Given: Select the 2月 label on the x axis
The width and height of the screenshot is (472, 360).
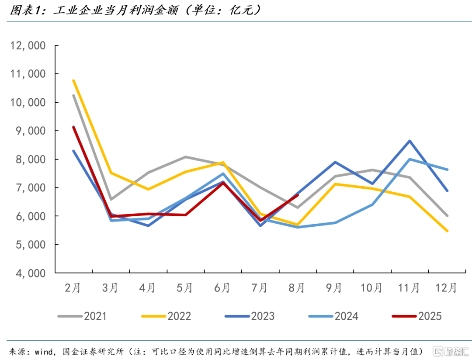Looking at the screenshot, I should [x=73, y=288].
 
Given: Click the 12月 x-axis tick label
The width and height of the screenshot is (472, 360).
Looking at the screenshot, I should [x=446, y=288].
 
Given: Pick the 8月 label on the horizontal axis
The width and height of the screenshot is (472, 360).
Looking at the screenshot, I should [x=297, y=288].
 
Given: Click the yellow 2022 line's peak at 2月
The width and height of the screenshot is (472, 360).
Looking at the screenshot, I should [x=73, y=80].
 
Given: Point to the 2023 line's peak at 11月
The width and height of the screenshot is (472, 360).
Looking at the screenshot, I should [x=410, y=141].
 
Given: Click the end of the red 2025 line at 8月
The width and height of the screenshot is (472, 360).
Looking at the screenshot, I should [x=298, y=195].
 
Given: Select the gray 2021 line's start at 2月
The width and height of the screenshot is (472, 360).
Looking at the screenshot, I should [x=73, y=95].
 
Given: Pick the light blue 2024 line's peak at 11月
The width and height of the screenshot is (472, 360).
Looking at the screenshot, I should [x=410, y=159].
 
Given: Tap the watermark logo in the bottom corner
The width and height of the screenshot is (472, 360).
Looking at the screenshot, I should [x=450, y=350].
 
